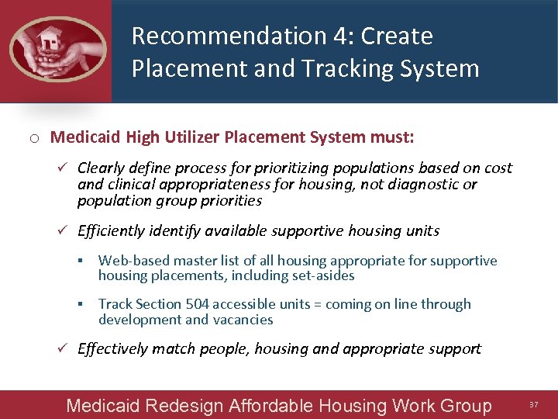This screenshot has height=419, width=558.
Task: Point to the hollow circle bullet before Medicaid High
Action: (x=35, y=139)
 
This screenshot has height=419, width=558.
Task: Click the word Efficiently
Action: (x=114, y=230)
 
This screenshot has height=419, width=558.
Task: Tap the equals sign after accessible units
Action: (x=317, y=304)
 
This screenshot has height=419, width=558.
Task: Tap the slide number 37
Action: (x=533, y=405)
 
